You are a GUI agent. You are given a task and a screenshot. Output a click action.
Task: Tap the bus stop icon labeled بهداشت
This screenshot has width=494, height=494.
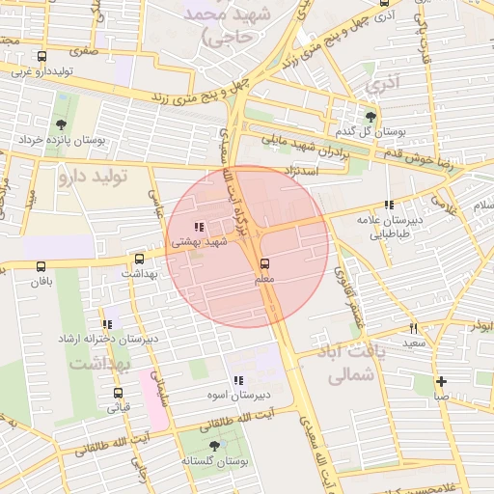click(x=140, y=259)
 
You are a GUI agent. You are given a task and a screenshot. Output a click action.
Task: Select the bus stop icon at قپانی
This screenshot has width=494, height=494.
click(x=118, y=393)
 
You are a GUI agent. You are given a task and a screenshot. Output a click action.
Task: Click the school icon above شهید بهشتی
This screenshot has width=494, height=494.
click(x=199, y=228)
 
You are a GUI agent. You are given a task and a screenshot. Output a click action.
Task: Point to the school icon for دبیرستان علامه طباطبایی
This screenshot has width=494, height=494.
click(x=388, y=205)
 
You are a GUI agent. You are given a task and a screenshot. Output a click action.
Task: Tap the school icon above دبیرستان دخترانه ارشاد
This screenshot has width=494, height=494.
click(x=107, y=325)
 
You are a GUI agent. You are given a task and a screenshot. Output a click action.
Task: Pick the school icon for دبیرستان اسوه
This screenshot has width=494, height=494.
click(x=238, y=381)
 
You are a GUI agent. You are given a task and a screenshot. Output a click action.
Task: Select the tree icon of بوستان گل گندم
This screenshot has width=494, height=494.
click(x=370, y=116)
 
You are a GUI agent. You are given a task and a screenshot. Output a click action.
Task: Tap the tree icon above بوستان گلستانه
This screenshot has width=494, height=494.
click(x=214, y=446)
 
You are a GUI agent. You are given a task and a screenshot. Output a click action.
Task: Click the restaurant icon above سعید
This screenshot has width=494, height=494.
click(x=414, y=328)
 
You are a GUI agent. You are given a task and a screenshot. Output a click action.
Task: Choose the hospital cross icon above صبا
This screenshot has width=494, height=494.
click(x=441, y=381)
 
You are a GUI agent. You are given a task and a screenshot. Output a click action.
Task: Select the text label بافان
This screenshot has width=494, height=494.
click(x=38, y=283)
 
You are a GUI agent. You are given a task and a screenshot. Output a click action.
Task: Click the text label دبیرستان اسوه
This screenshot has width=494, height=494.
click(x=238, y=396)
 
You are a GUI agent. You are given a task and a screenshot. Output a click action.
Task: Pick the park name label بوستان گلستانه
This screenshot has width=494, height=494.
click(x=212, y=461)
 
